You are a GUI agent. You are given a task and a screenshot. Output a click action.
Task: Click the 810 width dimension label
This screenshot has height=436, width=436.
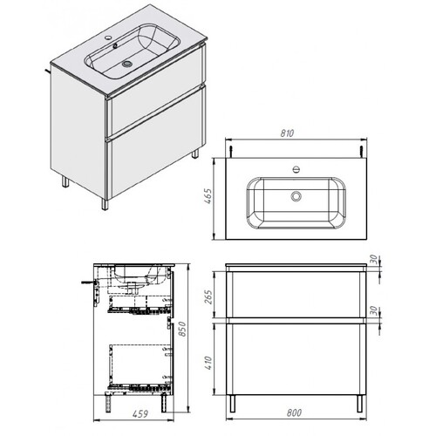coord(287,133)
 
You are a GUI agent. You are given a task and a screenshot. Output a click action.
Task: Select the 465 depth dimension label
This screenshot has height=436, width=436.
coord(208,196)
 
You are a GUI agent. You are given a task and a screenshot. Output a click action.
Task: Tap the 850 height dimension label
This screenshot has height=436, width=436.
coord(182,329)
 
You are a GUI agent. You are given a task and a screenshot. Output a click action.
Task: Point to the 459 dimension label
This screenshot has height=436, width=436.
coord(140,413)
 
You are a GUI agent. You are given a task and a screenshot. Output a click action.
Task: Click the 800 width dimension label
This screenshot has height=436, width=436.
coord(294,412)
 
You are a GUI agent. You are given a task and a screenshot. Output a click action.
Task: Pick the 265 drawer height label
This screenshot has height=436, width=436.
coord(208,296)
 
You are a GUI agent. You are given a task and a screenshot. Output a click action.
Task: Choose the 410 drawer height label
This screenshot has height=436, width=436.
coord(208,363)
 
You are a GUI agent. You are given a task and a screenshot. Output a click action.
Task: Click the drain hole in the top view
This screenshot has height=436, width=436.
coord(296,196)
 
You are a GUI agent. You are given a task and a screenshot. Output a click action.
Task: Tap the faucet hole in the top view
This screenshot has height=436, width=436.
coord(296,169)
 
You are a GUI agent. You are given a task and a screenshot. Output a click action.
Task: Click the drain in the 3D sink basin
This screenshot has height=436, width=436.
coord(127,64)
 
